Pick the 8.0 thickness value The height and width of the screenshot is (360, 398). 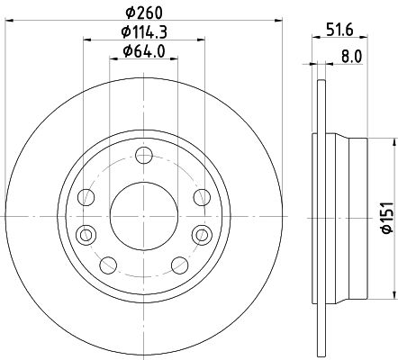tap(352, 56)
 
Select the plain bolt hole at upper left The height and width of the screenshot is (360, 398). tap(86, 197)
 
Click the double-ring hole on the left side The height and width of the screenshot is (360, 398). tap(86, 234)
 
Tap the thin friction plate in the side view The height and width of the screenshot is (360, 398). tap(317, 215)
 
